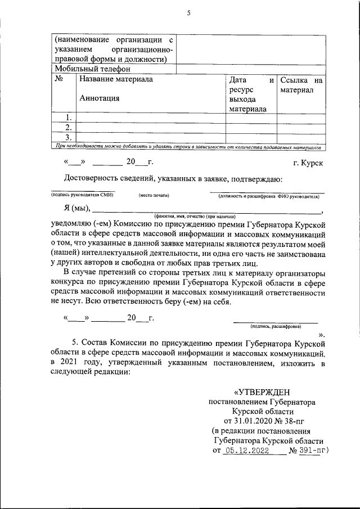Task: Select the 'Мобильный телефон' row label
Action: click(x=92, y=69)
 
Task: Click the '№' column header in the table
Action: click(x=59, y=80)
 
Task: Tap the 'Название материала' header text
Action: click(x=116, y=80)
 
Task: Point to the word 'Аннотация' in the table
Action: click(x=100, y=98)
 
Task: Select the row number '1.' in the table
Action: click(x=67, y=118)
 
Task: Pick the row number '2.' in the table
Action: click(x=67, y=128)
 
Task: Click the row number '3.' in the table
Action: click(x=67, y=137)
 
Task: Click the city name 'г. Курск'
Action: click(x=308, y=163)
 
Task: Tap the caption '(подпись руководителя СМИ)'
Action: click(x=82, y=195)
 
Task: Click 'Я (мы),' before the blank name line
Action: click(x=79, y=209)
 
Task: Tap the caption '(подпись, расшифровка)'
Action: click(x=275, y=326)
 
